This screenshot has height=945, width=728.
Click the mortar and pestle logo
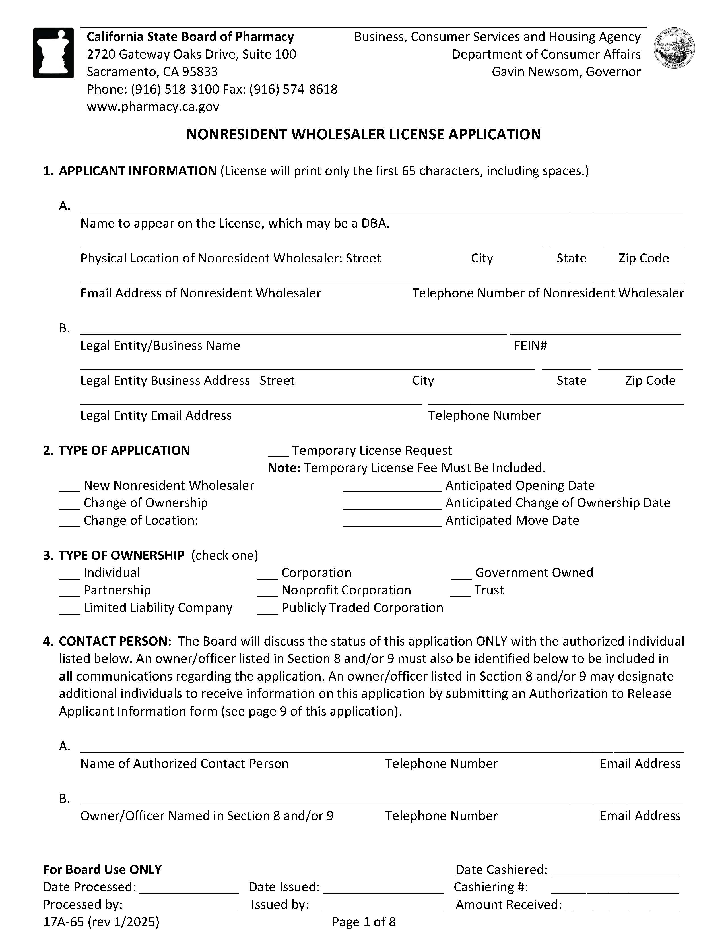[x=53, y=53]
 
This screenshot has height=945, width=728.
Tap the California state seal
[x=674, y=48]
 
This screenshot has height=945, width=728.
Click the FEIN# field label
[x=530, y=345]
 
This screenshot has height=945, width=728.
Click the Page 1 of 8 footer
[x=364, y=922]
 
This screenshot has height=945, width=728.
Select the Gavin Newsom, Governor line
[x=566, y=72]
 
